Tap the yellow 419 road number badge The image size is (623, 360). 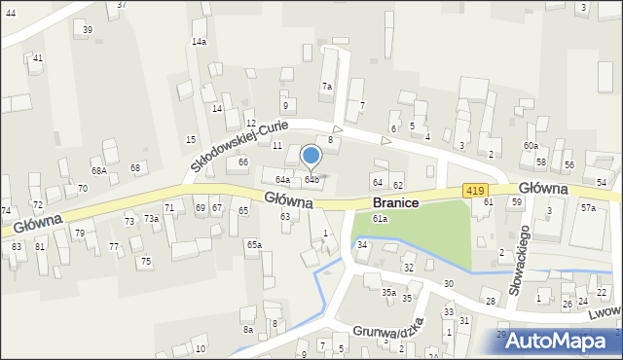(x=475, y=191)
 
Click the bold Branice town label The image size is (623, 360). (x=395, y=202)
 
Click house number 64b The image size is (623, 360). (x=311, y=180)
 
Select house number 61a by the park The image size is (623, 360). (x=380, y=219)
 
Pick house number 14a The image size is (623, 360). (x=199, y=42)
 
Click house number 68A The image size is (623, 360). (x=98, y=170)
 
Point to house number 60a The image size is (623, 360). (x=530, y=145)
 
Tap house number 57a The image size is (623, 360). (x=588, y=208)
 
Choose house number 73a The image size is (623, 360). (x=152, y=219)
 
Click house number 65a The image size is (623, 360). (x=253, y=244)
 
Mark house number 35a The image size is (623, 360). (x=387, y=292)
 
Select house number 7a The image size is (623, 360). (x=327, y=87)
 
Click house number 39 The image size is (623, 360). (x=88, y=30)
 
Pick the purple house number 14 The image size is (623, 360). (x=217, y=108)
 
